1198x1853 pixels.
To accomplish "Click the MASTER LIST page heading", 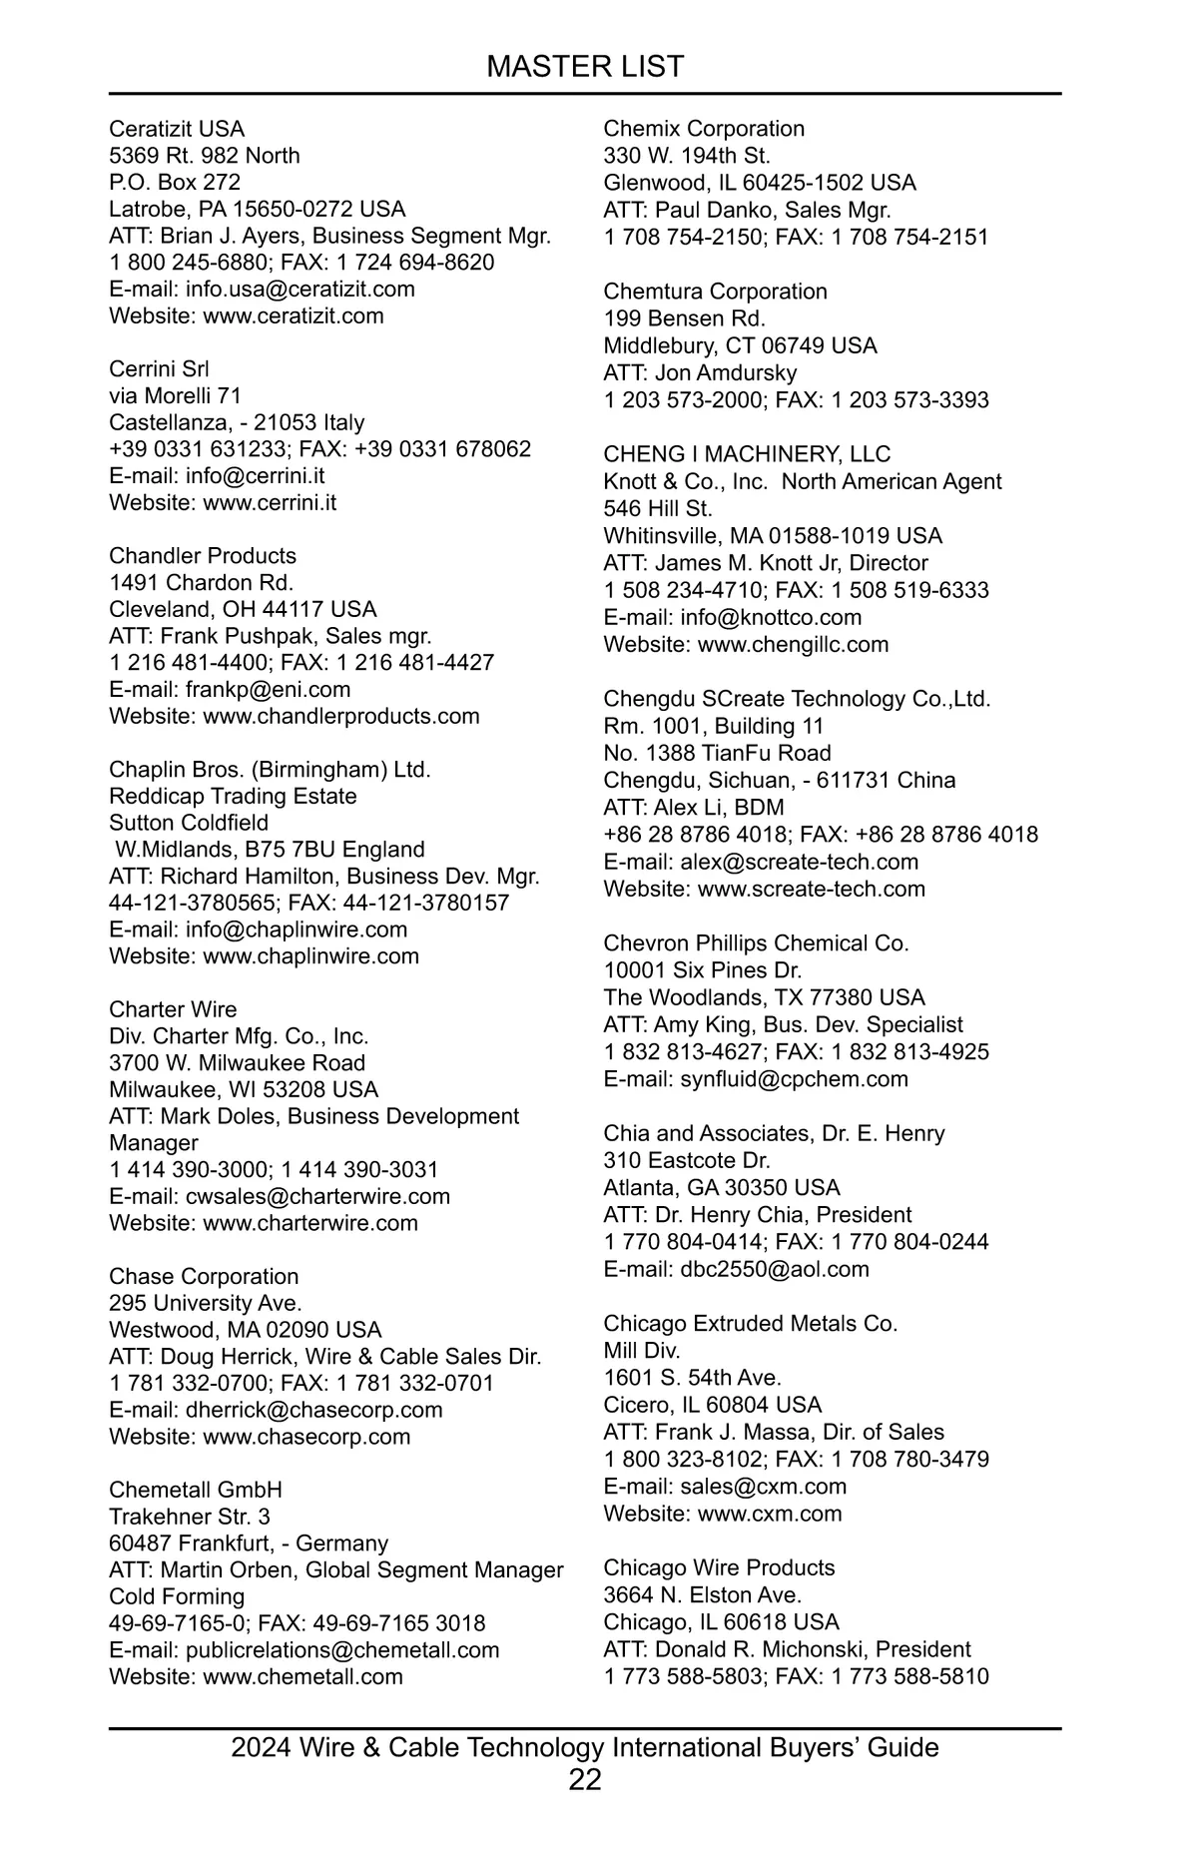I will click(585, 67).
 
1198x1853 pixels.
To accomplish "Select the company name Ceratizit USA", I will click(177, 129).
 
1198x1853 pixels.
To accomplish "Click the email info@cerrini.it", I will click(255, 476).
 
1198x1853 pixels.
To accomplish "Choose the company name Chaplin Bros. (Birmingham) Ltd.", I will click(270, 770).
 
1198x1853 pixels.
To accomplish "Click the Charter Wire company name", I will click(173, 1009).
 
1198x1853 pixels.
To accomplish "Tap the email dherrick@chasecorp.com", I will click(313, 1410).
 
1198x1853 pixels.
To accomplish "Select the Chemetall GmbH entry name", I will click(196, 1490).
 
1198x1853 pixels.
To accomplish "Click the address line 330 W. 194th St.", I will click(687, 156).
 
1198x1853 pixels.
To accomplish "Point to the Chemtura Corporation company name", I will click(715, 292).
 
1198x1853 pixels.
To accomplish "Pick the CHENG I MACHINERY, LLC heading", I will click(747, 454).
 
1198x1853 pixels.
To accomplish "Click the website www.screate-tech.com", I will click(811, 889).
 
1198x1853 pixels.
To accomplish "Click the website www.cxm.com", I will click(770, 1513).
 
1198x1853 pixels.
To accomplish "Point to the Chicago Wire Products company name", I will click(719, 1567).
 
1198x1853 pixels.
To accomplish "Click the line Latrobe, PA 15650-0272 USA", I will click(258, 209).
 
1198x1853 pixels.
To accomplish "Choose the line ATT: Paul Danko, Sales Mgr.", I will click(747, 210).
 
